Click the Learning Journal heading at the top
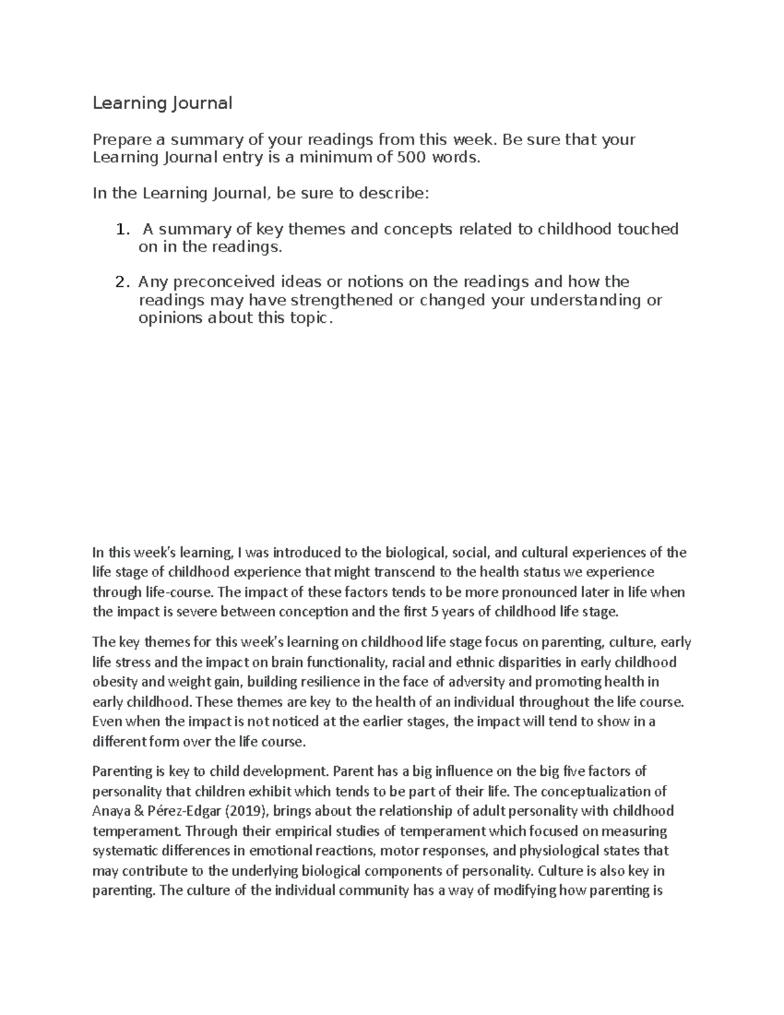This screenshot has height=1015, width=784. pos(163,103)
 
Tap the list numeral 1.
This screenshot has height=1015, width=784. pos(120,229)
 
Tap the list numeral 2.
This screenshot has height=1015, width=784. pos(120,282)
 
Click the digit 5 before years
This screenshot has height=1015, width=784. pos(435,612)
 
